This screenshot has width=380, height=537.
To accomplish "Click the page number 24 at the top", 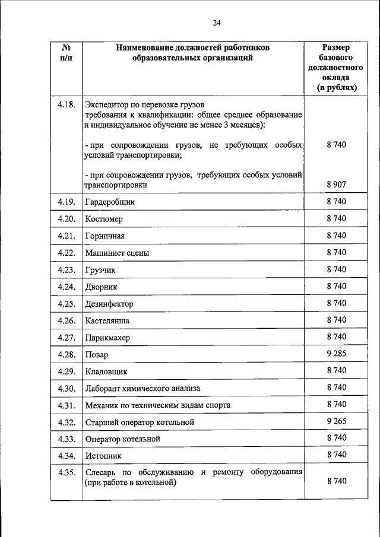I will pos(217,23).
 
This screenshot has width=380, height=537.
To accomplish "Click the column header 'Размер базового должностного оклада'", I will pos(336,67).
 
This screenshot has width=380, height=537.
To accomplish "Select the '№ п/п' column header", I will pos(66,52).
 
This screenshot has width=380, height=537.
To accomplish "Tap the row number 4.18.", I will pos(66,105).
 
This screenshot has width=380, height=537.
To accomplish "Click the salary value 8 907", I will pos(336,185).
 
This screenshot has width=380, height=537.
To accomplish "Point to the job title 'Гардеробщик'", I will pos(110,202).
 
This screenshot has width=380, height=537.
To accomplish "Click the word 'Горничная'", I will pos(104,236).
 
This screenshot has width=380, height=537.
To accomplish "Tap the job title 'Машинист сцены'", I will pos(117,253).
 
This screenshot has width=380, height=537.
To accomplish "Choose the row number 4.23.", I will pos(66,270).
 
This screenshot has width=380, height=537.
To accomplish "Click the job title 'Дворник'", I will pos(102,287).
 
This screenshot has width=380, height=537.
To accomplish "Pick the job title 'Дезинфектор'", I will pos(109,304).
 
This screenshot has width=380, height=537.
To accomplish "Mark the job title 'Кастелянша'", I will pos(107,321).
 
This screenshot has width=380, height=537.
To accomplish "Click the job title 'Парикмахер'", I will pos(107,338).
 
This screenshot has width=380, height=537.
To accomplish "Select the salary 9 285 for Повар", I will pos(336,354).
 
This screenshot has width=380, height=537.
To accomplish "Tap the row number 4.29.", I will pos(66,371).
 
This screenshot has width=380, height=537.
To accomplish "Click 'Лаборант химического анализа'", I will pos(142,388).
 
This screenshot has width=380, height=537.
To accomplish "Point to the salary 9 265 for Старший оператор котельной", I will pos(336,421).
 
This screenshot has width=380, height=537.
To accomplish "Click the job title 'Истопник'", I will pos(103,456).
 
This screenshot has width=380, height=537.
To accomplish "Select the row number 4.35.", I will pos(66,473).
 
